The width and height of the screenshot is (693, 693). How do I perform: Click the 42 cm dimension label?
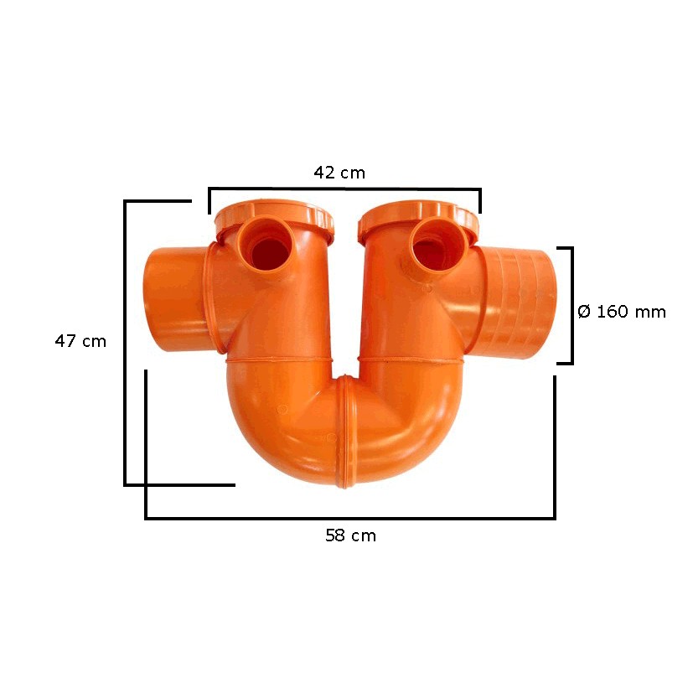click(x=339, y=173)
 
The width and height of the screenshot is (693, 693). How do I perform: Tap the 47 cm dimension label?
click(x=80, y=341)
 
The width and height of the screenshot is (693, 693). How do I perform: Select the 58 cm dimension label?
click(x=350, y=536)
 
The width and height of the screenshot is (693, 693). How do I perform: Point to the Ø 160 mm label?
click(x=622, y=312)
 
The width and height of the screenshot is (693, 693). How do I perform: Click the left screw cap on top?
click(x=274, y=216)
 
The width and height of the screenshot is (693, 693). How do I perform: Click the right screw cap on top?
click(x=418, y=216)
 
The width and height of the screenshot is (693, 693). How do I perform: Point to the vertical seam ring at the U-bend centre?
click(x=344, y=432)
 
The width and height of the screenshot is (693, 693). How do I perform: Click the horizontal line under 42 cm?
click(x=344, y=189)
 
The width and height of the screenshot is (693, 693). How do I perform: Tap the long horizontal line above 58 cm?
click(x=350, y=518)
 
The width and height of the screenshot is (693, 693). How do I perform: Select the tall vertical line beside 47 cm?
click(x=125, y=344)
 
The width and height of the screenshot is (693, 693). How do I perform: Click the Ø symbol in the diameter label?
click(x=585, y=312)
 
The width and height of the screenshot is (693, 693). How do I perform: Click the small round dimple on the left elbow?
click(x=282, y=409)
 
